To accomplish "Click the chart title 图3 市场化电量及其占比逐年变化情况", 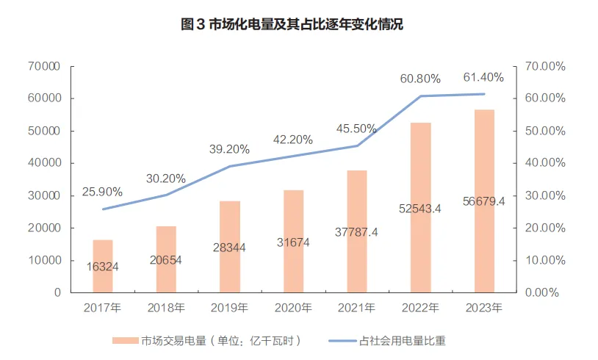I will (292, 25).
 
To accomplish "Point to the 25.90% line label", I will (102, 192).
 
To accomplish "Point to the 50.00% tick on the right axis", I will (545, 131).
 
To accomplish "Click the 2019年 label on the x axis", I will (230, 308).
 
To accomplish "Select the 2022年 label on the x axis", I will (420, 308).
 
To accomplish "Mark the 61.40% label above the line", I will (483, 77).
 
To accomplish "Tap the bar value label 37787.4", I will (357, 233).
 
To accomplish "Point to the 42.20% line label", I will (292, 139).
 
